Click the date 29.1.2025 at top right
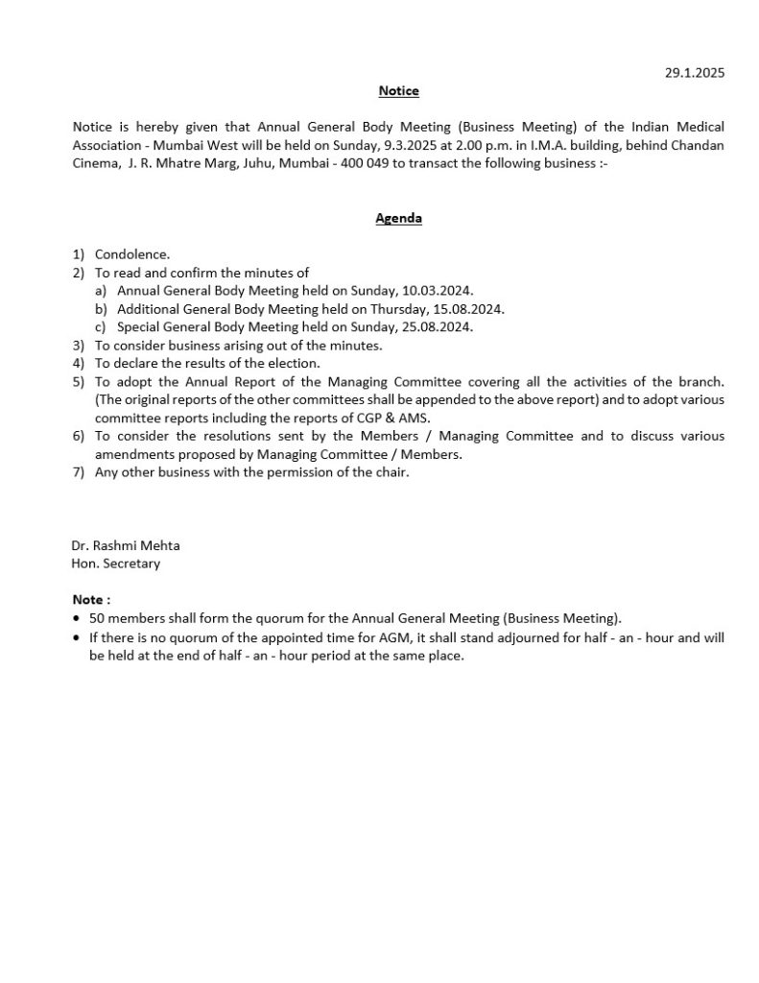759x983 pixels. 695,73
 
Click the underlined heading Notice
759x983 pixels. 398,91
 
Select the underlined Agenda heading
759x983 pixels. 398,218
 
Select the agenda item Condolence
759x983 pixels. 132,254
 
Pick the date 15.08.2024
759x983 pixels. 470,309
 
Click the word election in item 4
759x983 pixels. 296,364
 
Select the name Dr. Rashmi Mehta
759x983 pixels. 126,545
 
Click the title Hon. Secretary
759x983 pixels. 116,563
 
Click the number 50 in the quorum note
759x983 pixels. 97,618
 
